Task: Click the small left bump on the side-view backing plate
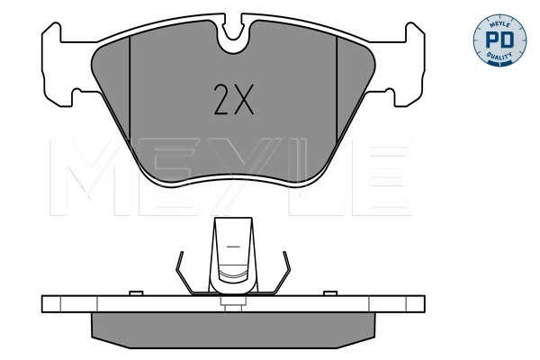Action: [x=133, y=292]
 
